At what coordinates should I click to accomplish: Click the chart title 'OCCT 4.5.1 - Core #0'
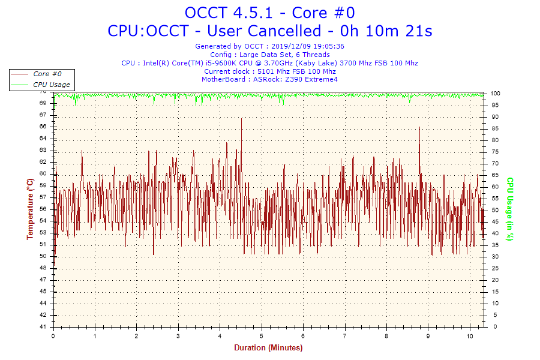(269, 13)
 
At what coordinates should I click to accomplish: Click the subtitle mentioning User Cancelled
(269, 31)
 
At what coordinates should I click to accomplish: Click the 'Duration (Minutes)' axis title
(268, 348)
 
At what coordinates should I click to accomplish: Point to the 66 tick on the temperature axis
(43, 127)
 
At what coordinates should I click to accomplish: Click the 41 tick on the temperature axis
(43, 327)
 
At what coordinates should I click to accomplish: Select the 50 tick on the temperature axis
(43, 256)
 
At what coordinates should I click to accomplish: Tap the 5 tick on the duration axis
(262, 336)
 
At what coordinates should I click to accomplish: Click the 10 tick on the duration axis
(470, 336)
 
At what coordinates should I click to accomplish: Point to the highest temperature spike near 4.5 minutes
(241, 119)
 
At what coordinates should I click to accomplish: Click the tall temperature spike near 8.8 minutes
(419, 128)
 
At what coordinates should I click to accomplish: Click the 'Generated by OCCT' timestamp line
(269, 46)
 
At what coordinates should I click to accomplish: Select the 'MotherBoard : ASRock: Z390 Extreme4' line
(269, 79)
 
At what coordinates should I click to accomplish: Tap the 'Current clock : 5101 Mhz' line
(269, 71)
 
